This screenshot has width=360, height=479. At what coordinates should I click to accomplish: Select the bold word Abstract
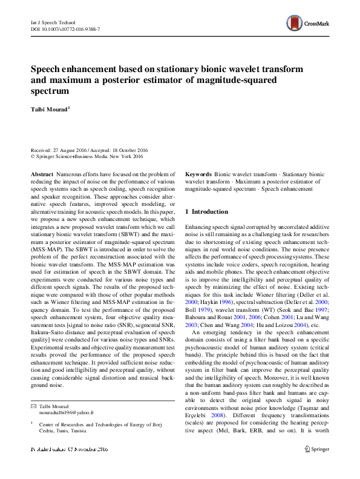pyautogui.click(x=42, y=173)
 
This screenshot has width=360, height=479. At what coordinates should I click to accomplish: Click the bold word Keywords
pyautogui.click(x=198, y=173)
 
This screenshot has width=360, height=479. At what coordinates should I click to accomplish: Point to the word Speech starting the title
pyautogui.click(x=46, y=69)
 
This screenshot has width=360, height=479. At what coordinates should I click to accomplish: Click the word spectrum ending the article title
pyautogui.click(x=50, y=91)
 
